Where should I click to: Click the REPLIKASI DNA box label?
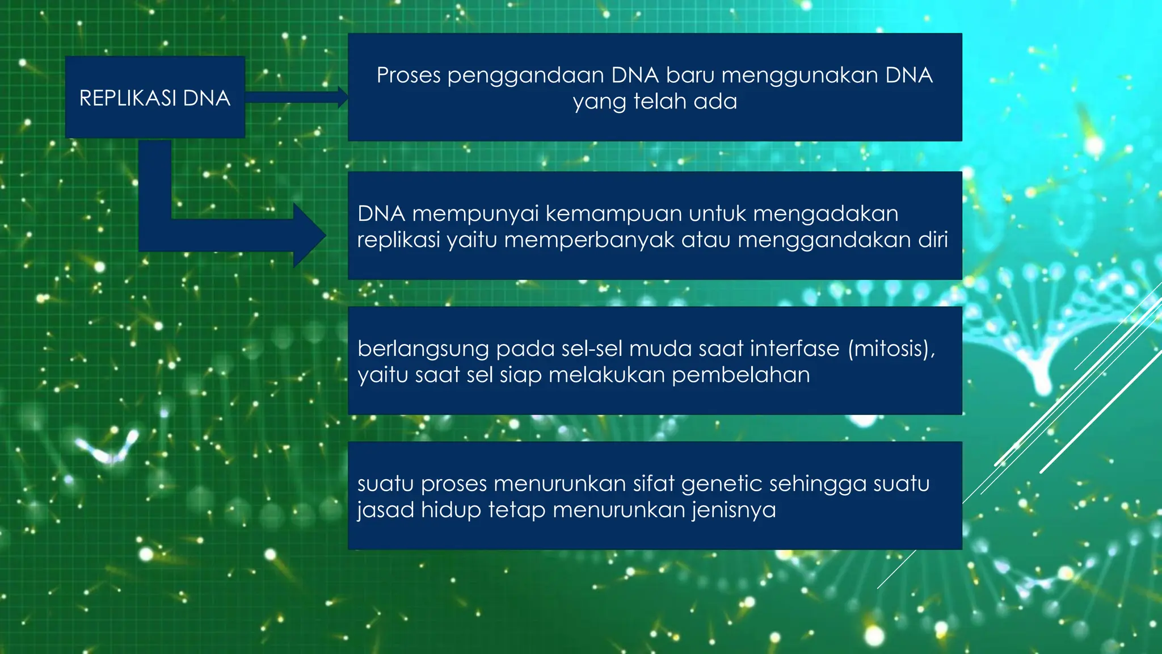(154, 98)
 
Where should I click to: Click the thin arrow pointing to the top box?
(295, 97)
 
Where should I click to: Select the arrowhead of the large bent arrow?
(310, 235)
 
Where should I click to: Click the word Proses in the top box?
(409, 76)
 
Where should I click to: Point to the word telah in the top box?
(660, 102)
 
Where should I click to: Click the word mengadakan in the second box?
(826, 215)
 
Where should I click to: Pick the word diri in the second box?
(933, 240)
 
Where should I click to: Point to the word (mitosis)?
(891, 349)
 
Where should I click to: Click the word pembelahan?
(740, 375)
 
